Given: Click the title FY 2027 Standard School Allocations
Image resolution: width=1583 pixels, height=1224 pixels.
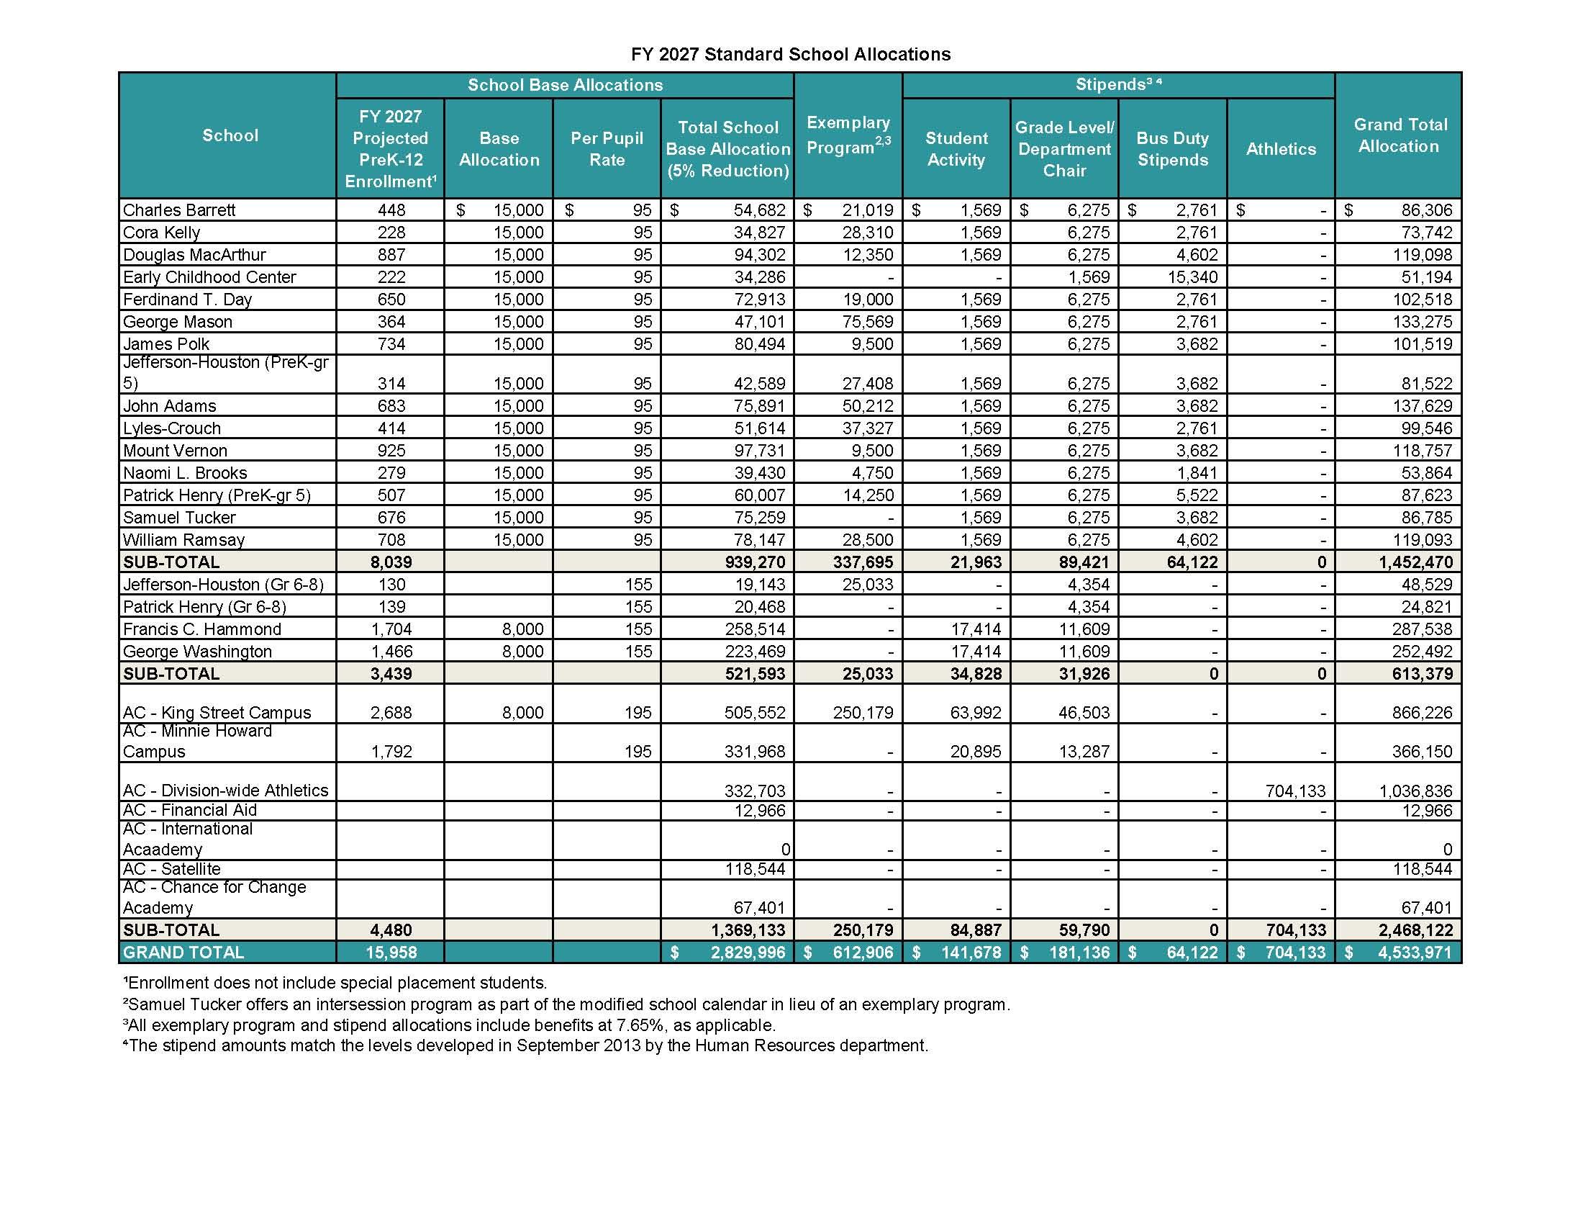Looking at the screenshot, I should coord(791,55).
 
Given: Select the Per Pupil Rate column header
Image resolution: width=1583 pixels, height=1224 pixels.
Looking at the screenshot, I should coord(607,148).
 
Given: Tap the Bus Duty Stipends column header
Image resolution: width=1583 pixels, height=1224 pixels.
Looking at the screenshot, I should coord(1172,148).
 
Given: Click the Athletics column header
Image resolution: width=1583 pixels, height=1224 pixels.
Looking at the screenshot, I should coord(1281,148).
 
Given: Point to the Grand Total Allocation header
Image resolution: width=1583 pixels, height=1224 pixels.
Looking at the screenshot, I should coord(1398,135).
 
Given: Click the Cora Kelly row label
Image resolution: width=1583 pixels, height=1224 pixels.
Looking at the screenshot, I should coord(162,232).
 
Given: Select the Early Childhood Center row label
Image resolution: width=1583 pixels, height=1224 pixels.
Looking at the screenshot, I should coord(209,277).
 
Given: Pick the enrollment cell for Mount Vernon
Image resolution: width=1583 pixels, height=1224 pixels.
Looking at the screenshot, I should coord(391,450).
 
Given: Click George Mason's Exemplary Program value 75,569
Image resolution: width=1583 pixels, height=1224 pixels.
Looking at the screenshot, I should coord(868,322).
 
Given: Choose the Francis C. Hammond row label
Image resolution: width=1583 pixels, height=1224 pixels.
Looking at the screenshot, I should coord(202,629).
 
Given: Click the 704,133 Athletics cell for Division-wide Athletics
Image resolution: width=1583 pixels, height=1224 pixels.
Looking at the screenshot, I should coord(1295,791).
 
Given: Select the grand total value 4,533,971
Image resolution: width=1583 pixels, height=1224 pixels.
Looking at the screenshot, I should coord(1413,953).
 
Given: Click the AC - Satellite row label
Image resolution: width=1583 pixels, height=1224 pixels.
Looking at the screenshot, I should coord(172,869).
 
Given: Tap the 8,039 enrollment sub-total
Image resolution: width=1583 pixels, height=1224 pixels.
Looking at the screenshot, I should coord(391,562).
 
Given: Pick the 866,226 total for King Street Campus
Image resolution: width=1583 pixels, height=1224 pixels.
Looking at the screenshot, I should coord(1422,713).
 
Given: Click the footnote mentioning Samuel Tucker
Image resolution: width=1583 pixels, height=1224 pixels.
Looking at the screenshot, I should coord(566,1005).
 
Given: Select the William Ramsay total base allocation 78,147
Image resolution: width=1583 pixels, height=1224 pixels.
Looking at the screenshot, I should coord(760,540).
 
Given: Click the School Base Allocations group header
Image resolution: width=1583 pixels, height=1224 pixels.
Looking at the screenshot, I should coord(565,85).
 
